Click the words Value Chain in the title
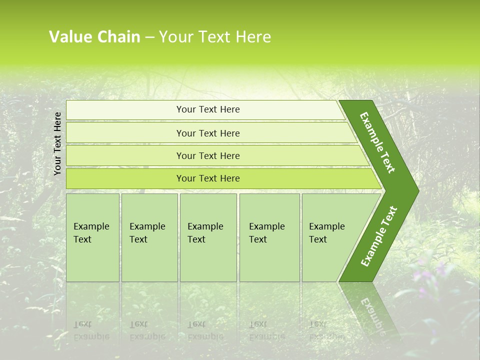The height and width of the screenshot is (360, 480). coord(94,37)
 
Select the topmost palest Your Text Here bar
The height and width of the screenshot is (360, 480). coord(207,109)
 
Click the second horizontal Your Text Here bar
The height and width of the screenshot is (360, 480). coord(207,133)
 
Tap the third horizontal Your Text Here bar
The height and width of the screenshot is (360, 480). coord(207,155)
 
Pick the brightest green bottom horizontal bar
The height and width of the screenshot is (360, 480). coord(207,178)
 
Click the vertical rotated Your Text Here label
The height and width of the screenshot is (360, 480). coord(57,143)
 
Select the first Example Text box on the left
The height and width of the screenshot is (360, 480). coord(92,237)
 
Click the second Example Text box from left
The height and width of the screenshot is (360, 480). coord(149,237)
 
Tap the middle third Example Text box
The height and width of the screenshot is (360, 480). coord(207,237)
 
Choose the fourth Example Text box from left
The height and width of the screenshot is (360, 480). coord(269,237)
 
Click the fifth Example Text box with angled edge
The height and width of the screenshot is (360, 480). coord(330,237)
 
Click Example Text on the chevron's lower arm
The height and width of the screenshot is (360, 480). coord(378,236)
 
